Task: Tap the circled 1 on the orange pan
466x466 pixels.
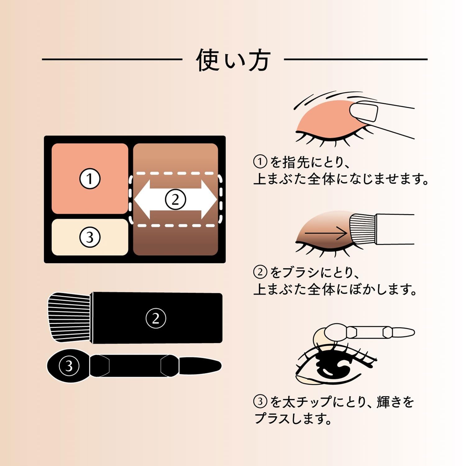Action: tap(90, 179)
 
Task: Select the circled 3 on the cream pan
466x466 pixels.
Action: tap(90, 237)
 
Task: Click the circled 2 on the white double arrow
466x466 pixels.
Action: tap(175, 199)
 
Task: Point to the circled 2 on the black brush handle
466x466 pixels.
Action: tap(156, 318)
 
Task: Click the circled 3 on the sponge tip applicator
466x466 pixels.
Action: tap(69, 366)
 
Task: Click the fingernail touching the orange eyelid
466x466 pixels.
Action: tap(363, 112)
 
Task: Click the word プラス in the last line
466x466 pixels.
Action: tap(273, 419)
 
